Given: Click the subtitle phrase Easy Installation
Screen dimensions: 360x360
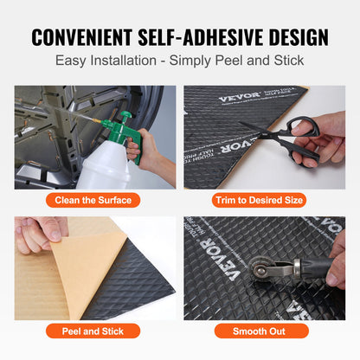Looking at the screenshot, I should tap(101, 61).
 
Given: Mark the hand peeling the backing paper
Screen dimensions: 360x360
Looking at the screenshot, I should tap(39, 232).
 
